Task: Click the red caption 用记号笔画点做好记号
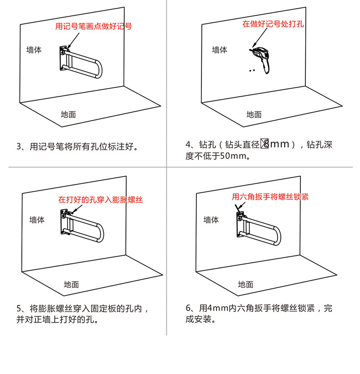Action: pos(93,26)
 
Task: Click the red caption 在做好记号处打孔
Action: pos(273,24)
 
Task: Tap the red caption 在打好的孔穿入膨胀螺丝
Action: pos(100,200)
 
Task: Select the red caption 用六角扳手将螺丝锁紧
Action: pos(270,197)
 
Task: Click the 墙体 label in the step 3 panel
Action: pos(34,50)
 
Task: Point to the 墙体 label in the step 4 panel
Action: pos(219,50)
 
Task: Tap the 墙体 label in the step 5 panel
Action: pos(37,220)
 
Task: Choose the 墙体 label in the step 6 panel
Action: pos(211,220)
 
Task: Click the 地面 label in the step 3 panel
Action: pos(68,114)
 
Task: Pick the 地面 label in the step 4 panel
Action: pos(254,114)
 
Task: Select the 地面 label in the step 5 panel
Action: pos(72,285)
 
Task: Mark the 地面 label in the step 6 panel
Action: pos(245,285)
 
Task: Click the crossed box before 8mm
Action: pos(264,145)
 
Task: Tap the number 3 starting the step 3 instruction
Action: pos(19,147)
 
